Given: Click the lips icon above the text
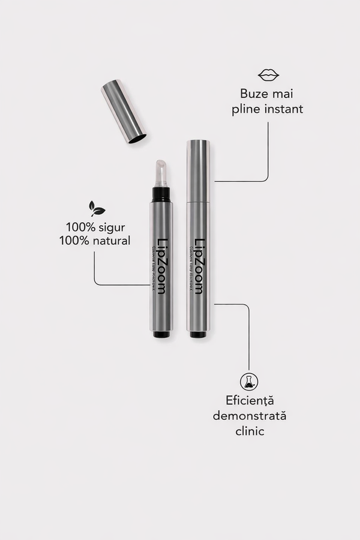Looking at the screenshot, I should (268, 75).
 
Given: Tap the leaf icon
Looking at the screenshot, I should (97, 208).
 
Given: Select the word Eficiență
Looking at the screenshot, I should (249, 400).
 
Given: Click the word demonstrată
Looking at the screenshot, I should (249, 415).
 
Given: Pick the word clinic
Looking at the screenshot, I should (249, 431).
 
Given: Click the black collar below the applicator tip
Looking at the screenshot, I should (160, 194).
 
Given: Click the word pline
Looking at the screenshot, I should (247, 109).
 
